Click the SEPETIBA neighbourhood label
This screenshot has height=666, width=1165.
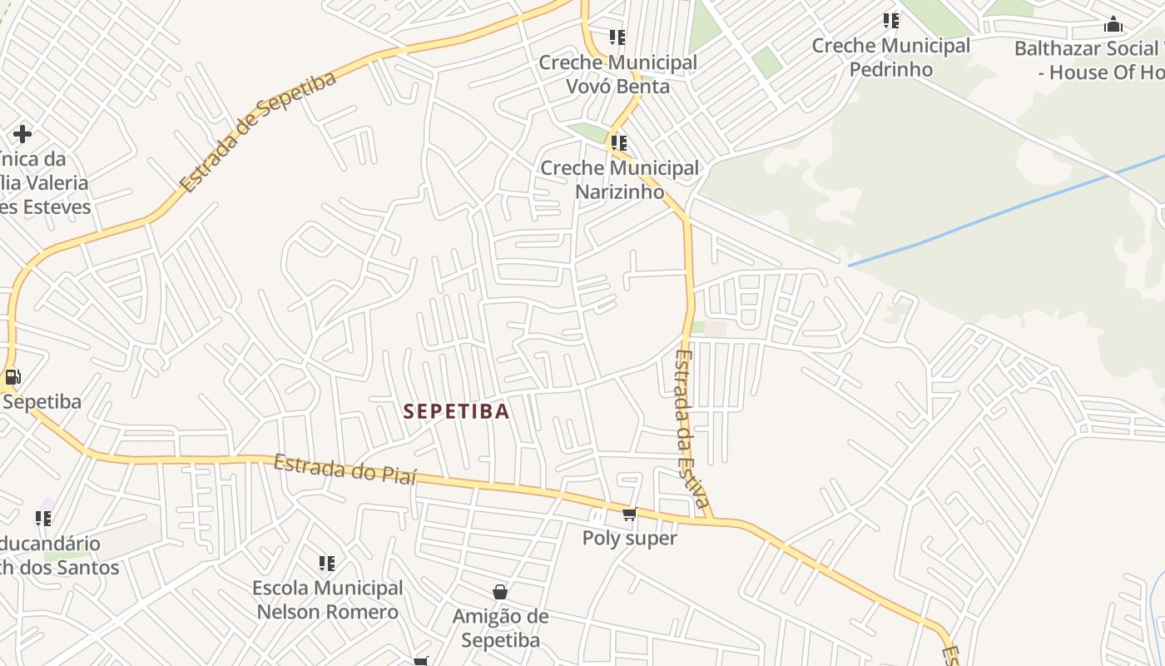pos(456,411)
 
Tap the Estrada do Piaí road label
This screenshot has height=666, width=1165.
pos(345,470)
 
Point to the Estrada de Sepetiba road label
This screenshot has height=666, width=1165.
pos(258,131)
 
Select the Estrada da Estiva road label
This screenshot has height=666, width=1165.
pos(692,429)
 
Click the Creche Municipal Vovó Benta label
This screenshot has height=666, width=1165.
pos(617,74)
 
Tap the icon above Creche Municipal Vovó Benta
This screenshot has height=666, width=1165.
pos(617,37)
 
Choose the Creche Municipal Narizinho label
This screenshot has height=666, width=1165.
pos(619,180)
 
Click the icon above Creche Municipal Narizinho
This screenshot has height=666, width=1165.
pos(618,143)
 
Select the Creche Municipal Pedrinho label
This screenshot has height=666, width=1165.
pos(890,57)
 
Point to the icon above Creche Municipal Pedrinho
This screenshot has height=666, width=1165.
pos(891,20)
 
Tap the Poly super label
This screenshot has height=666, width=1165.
pos(629,538)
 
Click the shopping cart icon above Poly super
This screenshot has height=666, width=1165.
pos(629,514)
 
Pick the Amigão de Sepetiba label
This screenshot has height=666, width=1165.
pos(500,628)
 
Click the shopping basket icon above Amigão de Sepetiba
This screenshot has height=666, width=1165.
pos(500,592)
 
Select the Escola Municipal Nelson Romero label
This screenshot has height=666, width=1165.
pos(327,599)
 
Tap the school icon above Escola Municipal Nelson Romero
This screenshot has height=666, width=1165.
pos(327,564)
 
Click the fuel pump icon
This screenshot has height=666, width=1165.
pos(12,377)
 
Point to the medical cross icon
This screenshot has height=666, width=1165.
pos(22,133)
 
